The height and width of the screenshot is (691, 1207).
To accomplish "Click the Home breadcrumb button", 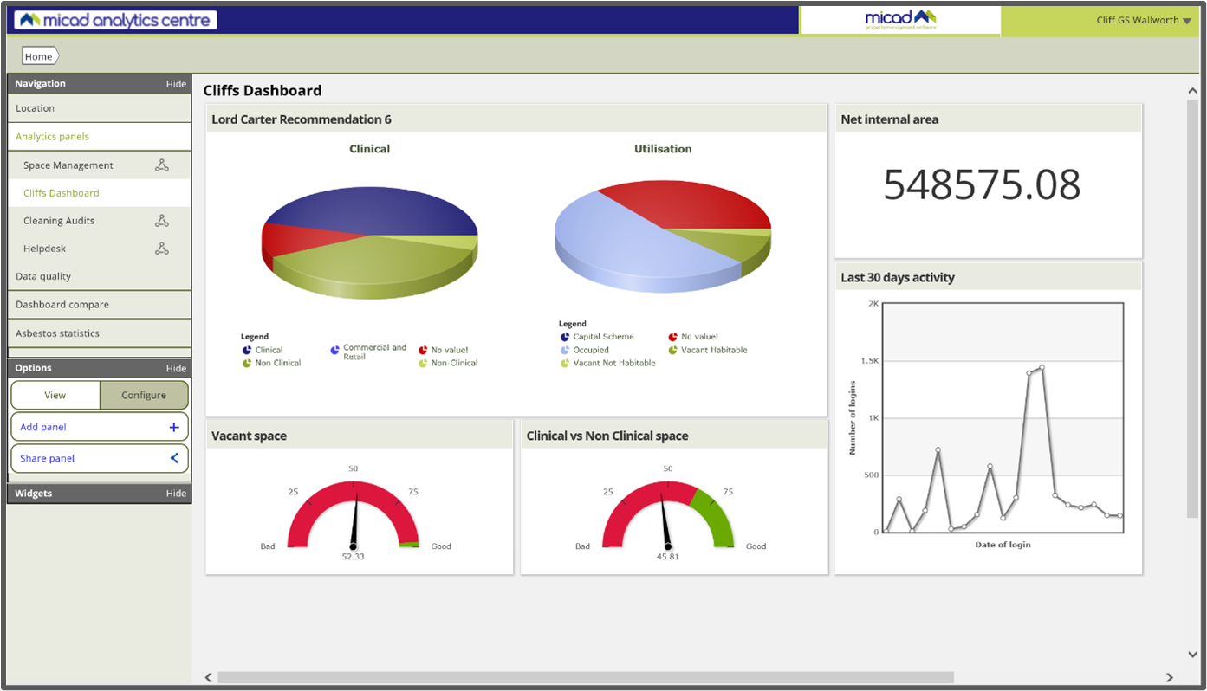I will (x=39, y=56).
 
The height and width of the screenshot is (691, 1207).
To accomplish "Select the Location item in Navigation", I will (x=36, y=108).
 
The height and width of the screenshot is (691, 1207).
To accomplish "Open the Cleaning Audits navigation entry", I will (x=59, y=221).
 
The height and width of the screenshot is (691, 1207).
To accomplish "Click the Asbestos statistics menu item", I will (x=57, y=333).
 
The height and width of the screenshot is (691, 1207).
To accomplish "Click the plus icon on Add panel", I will (x=173, y=427).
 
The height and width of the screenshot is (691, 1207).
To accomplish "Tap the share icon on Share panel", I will (x=173, y=458).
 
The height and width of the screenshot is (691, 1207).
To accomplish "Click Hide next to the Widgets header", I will (x=176, y=494).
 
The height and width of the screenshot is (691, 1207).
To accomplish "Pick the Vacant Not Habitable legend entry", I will (x=613, y=363).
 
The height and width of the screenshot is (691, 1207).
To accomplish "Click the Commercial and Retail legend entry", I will (x=373, y=352).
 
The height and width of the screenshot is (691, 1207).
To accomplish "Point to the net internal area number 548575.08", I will (x=982, y=184).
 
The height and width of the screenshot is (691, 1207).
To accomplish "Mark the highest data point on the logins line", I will (x=1042, y=367).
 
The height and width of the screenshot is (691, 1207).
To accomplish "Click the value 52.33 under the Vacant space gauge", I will (x=353, y=557).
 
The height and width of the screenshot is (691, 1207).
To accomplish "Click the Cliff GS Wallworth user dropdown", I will (x=1142, y=20).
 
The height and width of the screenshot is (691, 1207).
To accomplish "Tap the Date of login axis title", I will (x=1003, y=545).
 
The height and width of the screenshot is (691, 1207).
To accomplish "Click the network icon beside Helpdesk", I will (x=162, y=249).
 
